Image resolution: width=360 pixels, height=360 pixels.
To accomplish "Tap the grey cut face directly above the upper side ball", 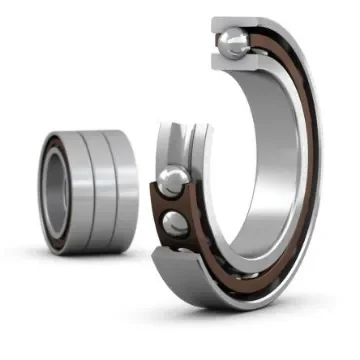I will click(173, 145).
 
